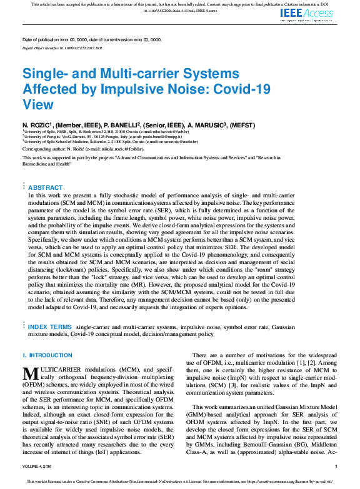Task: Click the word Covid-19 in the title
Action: (x=243, y=89)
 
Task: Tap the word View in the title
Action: (x=38, y=104)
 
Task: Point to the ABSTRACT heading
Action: (x=46, y=187)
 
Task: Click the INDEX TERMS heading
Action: (x=49, y=327)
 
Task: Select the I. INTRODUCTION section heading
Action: (x=47, y=355)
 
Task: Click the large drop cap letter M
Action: (x=32, y=374)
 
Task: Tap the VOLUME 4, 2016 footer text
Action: (x=39, y=465)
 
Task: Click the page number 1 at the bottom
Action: (x=336, y=465)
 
